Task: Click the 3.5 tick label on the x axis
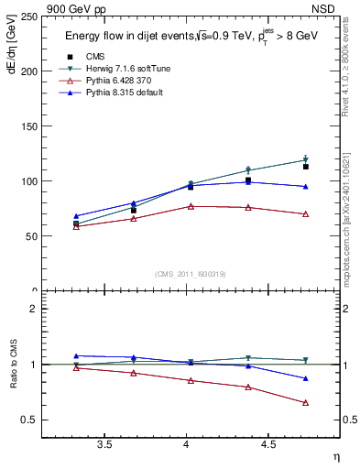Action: coord(104,445)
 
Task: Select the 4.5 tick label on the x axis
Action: coord(267,445)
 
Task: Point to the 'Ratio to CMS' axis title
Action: coord(13,365)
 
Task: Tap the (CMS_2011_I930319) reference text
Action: coord(191,274)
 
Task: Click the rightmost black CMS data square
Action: coord(306,167)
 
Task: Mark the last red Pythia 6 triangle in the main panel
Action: coord(306,214)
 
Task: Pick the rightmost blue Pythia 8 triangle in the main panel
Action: coord(306,187)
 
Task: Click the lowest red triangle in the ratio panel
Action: coord(306,403)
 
